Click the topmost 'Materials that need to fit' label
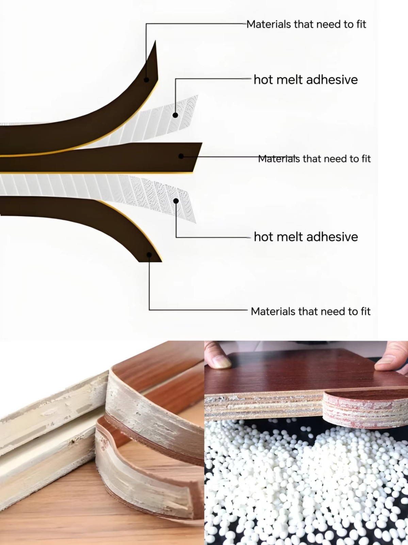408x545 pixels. pos(306,25)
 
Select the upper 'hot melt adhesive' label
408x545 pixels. pos(306,80)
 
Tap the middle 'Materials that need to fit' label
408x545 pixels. pos(314,159)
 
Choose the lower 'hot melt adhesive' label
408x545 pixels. pos(306,237)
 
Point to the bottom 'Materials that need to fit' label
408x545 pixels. pos(310,311)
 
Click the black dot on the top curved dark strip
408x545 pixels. pos(146,80)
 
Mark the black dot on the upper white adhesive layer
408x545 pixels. pos(175,115)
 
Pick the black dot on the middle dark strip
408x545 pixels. pos(181,156)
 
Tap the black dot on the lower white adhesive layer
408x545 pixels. pos(176,201)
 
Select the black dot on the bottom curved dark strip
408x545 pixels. pos(149,255)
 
